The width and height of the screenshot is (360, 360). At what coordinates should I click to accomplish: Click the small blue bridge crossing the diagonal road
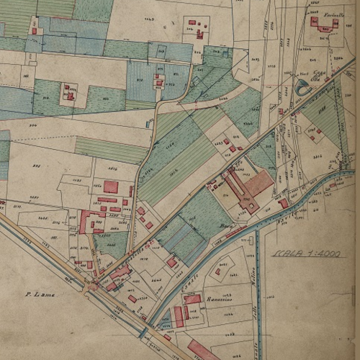pyautogui.click(x=144, y=333)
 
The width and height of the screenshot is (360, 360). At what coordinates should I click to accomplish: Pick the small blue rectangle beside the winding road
pyautogui.click(x=148, y=124)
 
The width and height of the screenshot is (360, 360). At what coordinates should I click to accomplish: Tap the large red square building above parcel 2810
pyautogui.click(x=110, y=187)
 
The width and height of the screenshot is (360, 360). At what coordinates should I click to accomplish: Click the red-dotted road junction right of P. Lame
pyautogui.click(x=91, y=287)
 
